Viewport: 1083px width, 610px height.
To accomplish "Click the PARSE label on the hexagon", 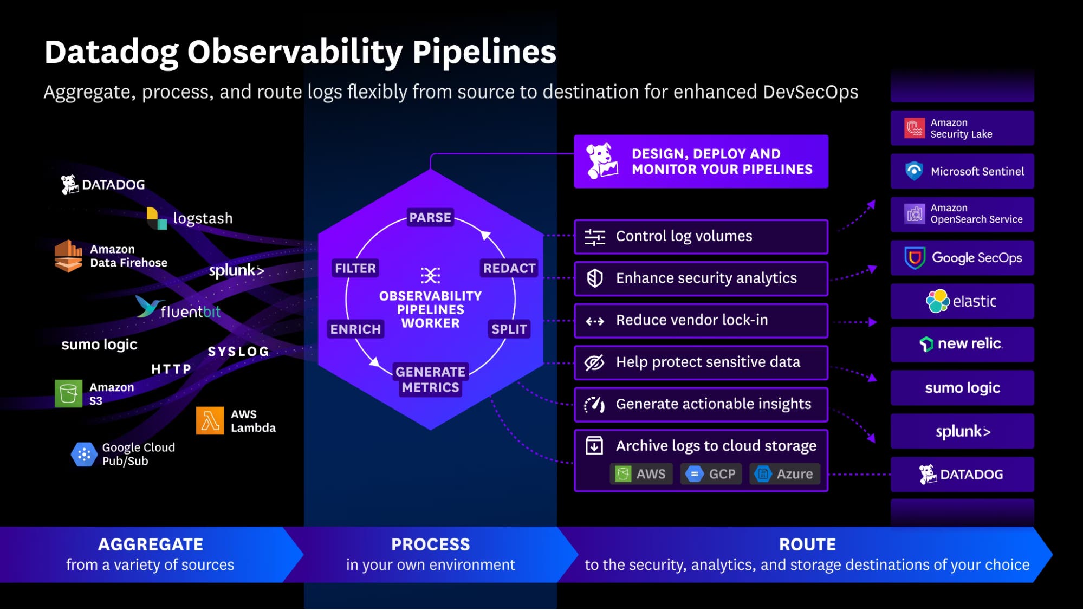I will (x=430, y=217).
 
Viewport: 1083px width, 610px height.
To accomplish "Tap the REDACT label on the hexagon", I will (x=509, y=268).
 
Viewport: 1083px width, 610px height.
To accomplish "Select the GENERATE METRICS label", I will (x=430, y=379).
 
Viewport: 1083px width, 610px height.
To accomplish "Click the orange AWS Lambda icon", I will (x=210, y=420).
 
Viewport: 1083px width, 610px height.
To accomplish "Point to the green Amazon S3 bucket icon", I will (x=69, y=393).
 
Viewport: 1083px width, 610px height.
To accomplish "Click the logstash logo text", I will (x=203, y=218).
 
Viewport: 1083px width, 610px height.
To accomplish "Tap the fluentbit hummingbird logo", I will (x=147, y=307).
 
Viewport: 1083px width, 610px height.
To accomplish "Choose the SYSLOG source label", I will (x=238, y=352).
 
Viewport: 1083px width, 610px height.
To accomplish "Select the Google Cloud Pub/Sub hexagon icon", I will (x=84, y=455).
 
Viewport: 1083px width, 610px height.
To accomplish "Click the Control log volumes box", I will (x=701, y=236).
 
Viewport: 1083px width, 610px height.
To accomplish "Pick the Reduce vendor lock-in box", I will (x=701, y=320).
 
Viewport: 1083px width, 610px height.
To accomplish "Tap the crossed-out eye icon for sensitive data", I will (x=594, y=362).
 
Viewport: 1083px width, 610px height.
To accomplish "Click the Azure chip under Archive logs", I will (x=784, y=474).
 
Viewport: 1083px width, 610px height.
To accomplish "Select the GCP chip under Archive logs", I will (x=711, y=474).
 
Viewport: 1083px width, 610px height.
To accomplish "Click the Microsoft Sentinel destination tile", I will (x=962, y=171).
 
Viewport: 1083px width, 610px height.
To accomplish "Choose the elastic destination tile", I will (x=962, y=301).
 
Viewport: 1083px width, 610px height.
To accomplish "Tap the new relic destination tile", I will (x=962, y=344).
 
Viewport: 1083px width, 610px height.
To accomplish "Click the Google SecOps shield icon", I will (x=915, y=258).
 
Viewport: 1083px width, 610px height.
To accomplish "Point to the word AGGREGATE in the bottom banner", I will (x=151, y=544).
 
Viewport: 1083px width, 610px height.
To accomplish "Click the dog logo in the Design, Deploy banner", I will (x=602, y=161).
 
